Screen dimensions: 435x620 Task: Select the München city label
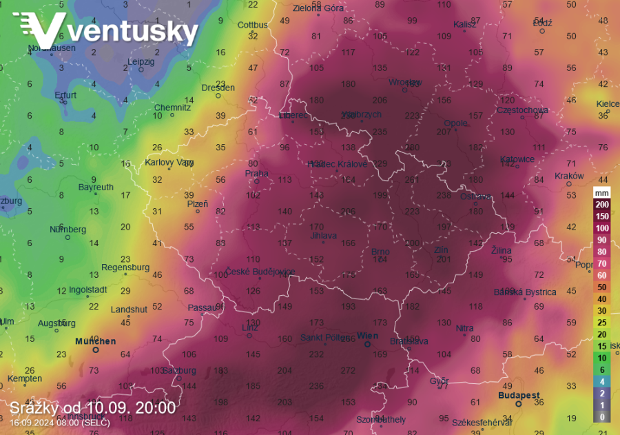click(x=95, y=341)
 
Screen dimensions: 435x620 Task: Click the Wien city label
click(x=367, y=336)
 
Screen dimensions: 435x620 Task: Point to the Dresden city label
click(x=218, y=88)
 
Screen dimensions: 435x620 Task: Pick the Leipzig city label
click(x=141, y=61)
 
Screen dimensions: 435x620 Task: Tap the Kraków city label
click(x=569, y=176)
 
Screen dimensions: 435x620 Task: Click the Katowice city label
click(x=517, y=159)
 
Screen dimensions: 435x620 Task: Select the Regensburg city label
click(x=125, y=267)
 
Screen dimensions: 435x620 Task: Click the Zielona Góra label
click(x=318, y=8)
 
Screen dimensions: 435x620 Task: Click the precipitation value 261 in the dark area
click(x=412, y=180)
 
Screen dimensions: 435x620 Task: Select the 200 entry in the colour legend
click(x=602, y=205)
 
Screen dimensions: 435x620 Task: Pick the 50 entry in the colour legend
click(x=602, y=287)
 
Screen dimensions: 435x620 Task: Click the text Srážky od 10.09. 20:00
click(x=92, y=408)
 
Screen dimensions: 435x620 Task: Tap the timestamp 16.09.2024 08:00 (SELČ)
click(x=59, y=423)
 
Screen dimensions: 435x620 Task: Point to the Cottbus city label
click(x=252, y=26)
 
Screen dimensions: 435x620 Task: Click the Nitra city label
click(x=464, y=328)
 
